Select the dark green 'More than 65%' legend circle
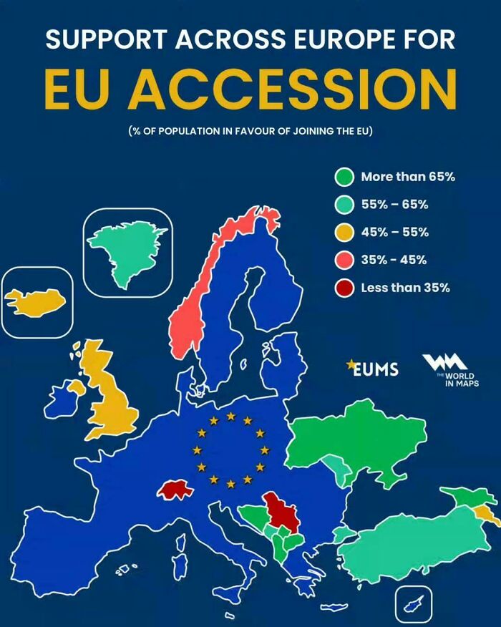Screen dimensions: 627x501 click(345, 177)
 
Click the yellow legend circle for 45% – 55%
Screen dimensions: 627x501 click(345, 233)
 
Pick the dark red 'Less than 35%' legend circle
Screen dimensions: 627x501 click(345, 288)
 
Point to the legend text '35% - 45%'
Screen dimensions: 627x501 click(394, 261)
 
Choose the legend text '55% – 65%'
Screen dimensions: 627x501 click(394, 205)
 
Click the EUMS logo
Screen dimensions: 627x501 click(372, 368)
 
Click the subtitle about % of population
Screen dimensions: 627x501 click(250, 132)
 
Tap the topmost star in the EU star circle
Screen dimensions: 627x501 click(230, 416)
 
